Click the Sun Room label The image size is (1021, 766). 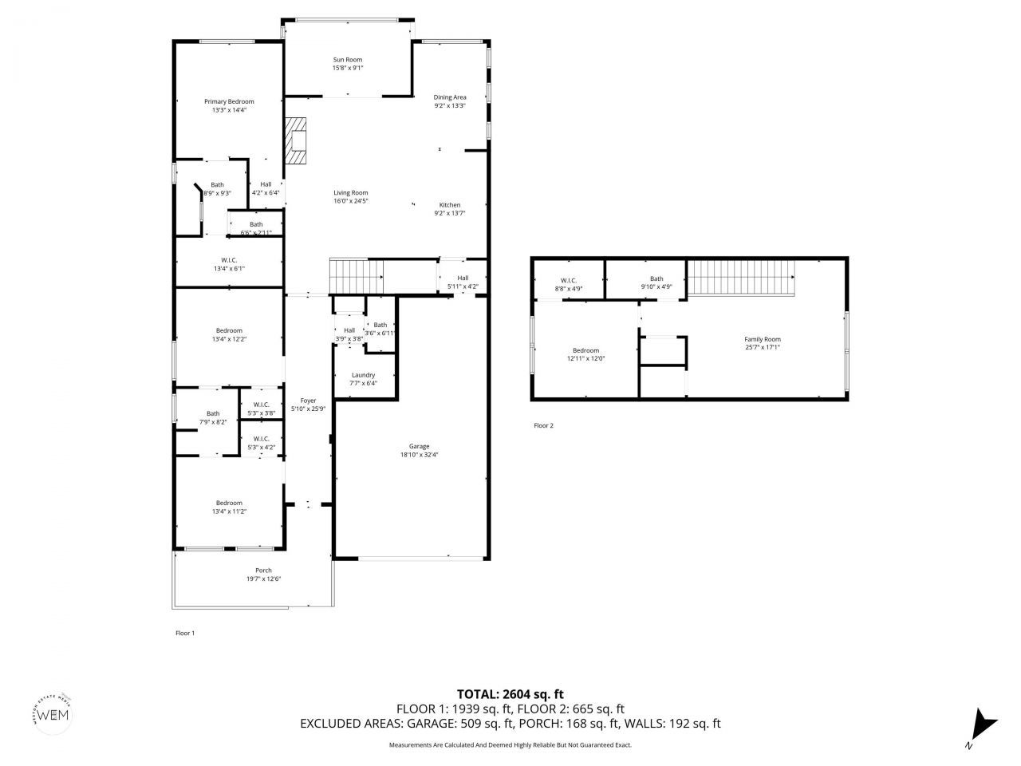click(347, 60)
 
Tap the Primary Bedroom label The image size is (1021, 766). click(229, 101)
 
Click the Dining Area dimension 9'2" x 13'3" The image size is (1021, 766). click(450, 106)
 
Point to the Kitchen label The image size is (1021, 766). click(450, 205)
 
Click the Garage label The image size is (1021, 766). click(420, 446)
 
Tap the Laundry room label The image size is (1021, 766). click(363, 375)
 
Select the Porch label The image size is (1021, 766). click(263, 571)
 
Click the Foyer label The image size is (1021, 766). click(308, 401)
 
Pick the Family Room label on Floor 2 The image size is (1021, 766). click(763, 339)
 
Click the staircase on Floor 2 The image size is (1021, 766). click(741, 278)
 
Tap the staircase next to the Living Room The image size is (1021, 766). click(357, 277)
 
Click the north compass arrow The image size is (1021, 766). click(982, 724)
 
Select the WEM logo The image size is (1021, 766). click(54, 713)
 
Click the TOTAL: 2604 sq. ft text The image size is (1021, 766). click(510, 694)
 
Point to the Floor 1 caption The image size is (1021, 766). click(185, 633)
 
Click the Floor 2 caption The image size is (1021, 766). click(543, 425)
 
